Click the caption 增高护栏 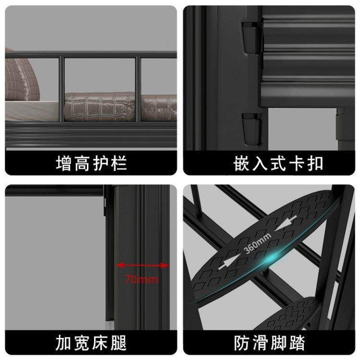tap(91, 163)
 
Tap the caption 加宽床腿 tap(91, 343)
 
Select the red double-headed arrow tap(143, 265)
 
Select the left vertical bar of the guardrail tap(61, 89)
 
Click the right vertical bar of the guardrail tap(139, 89)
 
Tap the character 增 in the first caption tap(62, 163)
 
